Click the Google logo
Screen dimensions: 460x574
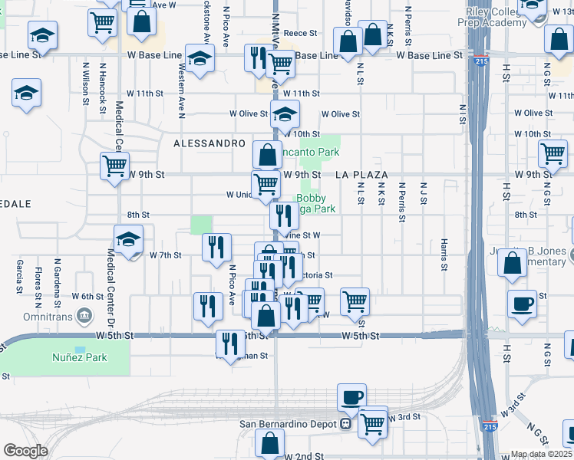25,451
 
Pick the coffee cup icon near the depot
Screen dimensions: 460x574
351,397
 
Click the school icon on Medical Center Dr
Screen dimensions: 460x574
128,238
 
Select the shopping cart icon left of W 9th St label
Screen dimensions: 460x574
114,164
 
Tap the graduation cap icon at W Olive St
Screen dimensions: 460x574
285,115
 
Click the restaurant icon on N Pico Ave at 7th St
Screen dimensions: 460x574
216,246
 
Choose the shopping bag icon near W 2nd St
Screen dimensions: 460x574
269,442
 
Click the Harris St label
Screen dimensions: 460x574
444,255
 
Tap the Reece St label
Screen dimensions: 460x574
300,34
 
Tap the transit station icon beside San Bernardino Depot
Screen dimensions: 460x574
346,424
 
